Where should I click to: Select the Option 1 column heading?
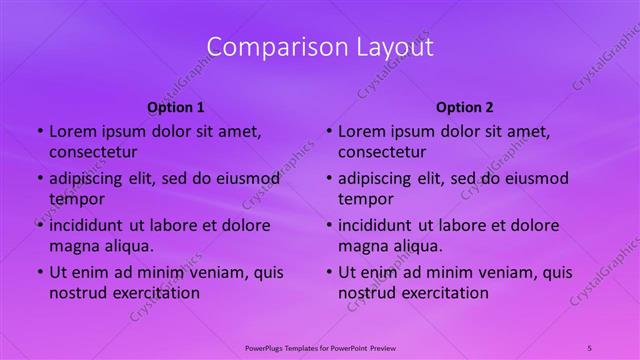coord(176,107)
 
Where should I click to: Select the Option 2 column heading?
coord(465,107)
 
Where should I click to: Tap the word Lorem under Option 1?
coord(72,131)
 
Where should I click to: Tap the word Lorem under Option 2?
coord(361,131)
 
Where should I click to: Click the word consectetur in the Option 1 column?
coord(93,152)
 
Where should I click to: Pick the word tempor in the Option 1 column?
coord(75,200)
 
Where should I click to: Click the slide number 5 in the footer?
coord(590,347)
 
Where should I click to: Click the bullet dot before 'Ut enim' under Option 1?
coord(40,272)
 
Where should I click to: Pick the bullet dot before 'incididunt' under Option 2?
coord(329,225)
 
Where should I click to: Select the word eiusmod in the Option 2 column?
coord(536,179)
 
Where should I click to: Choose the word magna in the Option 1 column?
coord(73,246)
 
